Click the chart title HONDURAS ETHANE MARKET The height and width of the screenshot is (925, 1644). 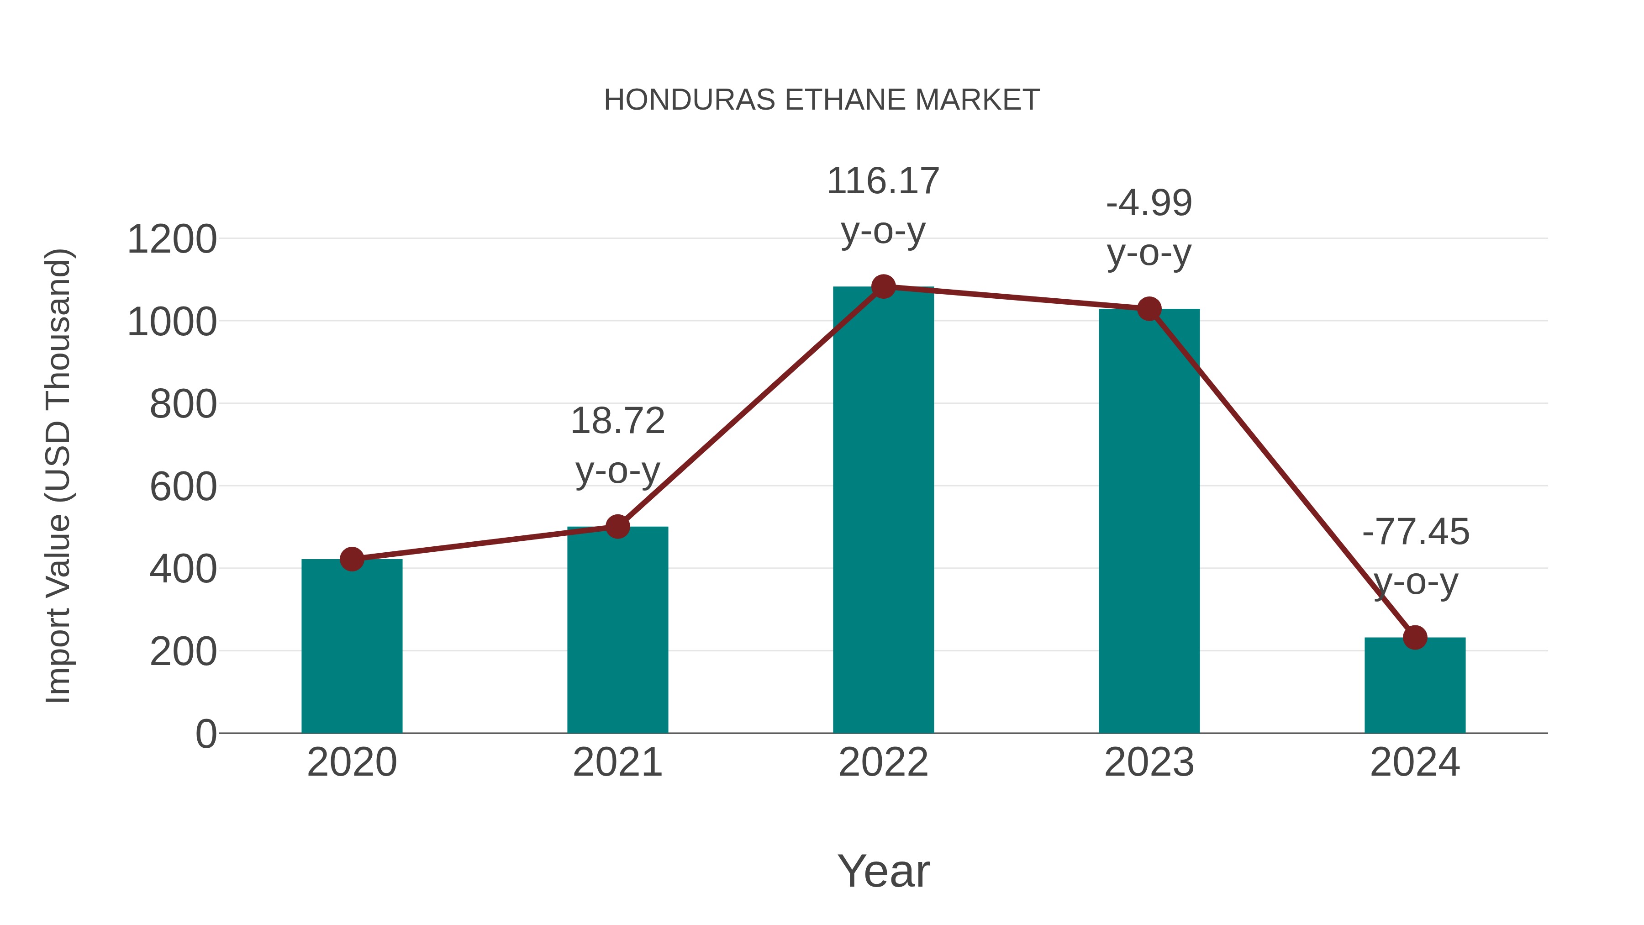[x=822, y=100]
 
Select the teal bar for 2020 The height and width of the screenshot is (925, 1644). [x=352, y=646]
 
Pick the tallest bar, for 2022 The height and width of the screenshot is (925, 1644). [x=883, y=511]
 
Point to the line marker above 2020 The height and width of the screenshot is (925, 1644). [x=352, y=559]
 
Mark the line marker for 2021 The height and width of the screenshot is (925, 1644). [x=617, y=527]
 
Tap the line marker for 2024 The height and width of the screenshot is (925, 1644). [x=1415, y=637]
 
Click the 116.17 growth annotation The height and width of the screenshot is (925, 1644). [x=883, y=181]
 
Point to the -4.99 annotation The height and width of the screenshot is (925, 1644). [x=1149, y=204]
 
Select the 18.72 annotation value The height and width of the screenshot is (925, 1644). [x=617, y=421]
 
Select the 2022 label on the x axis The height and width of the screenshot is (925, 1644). [x=883, y=762]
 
